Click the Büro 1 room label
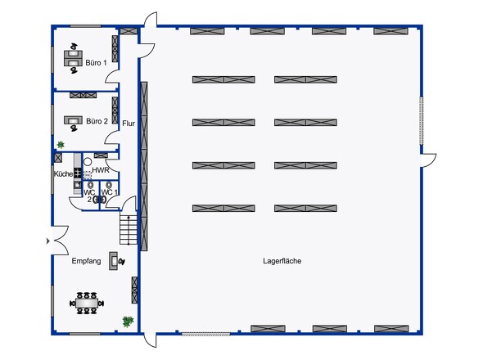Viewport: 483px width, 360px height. (96, 63)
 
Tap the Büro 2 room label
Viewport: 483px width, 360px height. (97, 121)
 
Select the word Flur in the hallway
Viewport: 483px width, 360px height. (129, 124)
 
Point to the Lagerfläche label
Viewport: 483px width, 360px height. (282, 261)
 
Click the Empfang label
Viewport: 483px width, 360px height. (86, 261)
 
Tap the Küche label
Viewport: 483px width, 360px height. (64, 174)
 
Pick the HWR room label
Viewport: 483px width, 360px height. (101, 170)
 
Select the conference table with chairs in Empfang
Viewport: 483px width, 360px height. (87, 303)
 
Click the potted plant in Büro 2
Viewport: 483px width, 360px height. (61, 145)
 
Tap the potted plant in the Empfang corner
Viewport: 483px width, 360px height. (128, 322)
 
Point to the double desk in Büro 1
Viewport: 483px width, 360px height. (74, 58)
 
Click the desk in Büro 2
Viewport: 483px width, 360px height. (73, 122)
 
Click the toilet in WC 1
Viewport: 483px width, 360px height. (108, 185)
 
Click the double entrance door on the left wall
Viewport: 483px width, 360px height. (58, 241)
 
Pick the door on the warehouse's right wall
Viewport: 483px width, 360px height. (428, 160)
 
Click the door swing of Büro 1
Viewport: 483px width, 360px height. (112, 76)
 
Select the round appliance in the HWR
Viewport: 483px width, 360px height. (88, 162)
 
